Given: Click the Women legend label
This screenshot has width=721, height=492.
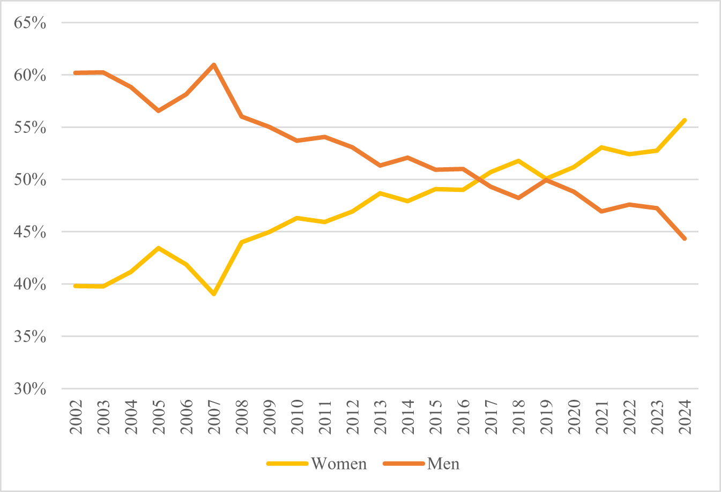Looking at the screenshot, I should (339, 464).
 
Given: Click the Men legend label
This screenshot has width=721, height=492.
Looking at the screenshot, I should (443, 464).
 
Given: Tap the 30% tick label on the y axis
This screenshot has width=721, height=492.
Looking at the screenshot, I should (30, 389).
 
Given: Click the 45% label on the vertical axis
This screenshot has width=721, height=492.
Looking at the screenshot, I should (30, 232).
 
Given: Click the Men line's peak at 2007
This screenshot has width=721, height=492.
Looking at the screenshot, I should (214, 65).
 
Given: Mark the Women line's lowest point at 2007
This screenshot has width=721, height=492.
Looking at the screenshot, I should (214, 294).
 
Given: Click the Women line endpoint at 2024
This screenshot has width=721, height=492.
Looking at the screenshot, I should (685, 120).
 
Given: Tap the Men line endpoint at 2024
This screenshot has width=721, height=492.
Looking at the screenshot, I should (685, 239).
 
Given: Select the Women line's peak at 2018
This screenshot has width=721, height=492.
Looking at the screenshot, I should (518, 161).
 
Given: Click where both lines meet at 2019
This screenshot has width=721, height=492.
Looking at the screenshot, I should (546, 179).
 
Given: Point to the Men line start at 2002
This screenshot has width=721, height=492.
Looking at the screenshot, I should (76, 73).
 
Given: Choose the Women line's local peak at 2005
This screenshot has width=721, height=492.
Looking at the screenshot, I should (159, 248).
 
